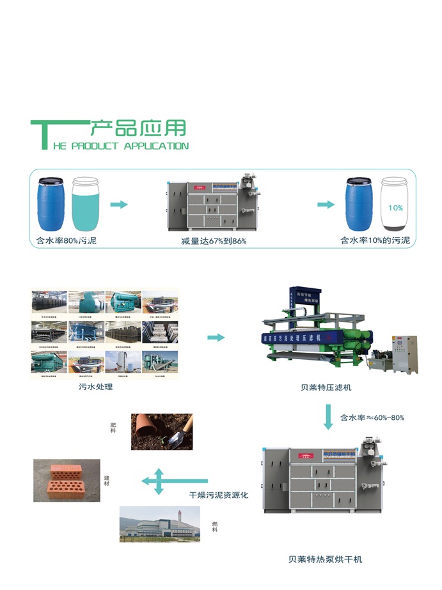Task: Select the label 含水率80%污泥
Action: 67,242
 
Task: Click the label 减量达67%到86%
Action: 214,242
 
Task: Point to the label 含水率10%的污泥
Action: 375,241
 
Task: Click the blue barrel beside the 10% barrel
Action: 360,204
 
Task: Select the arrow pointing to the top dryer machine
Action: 120,205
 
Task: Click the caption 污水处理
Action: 95,387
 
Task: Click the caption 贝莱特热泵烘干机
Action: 325,559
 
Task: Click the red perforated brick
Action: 66,479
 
